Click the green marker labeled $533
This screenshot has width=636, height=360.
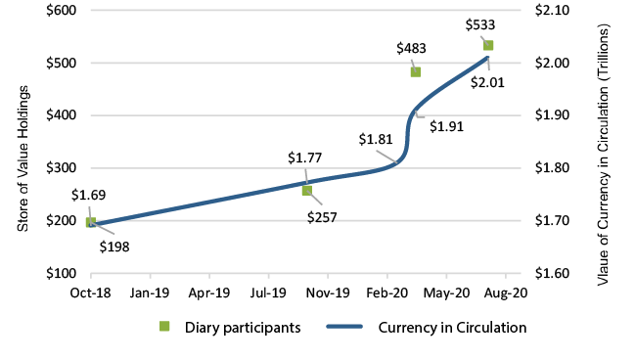click(488, 45)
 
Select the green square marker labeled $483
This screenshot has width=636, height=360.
click(416, 71)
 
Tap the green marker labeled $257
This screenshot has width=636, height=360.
click(307, 190)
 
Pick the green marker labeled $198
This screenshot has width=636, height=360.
click(91, 222)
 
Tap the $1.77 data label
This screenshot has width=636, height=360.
click(304, 157)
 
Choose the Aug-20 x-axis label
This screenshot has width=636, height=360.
click(508, 292)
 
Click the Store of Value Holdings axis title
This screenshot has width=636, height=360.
click(23, 157)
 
